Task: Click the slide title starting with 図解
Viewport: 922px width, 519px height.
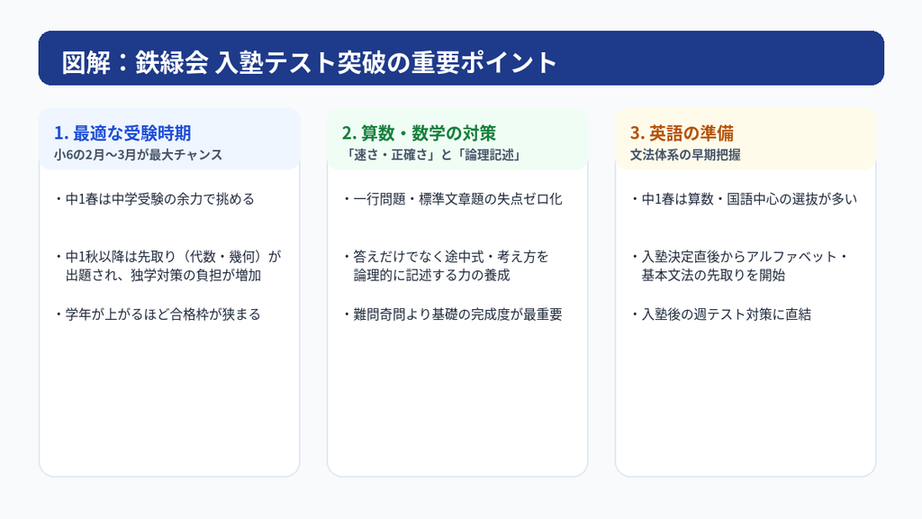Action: [x=310, y=62]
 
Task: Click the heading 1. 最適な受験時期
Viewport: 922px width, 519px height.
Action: [x=122, y=133]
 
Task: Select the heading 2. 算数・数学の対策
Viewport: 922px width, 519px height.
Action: [x=420, y=133]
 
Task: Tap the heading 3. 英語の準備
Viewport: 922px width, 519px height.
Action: [x=682, y=133]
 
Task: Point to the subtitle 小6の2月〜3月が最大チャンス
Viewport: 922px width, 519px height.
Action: [x=138, y=155]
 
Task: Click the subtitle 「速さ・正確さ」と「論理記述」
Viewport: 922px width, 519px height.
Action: [x=432, y=155]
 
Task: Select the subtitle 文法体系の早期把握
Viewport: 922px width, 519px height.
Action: [x=685, y=155]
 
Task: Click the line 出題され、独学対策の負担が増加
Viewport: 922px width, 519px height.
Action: [x=164, y=276]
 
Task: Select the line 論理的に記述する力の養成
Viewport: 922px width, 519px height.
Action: [x=431, y=276]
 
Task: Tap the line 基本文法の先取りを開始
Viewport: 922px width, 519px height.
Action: [x=713, y=276]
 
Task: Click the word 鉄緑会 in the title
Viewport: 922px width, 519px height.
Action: [x=172, y=62]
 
